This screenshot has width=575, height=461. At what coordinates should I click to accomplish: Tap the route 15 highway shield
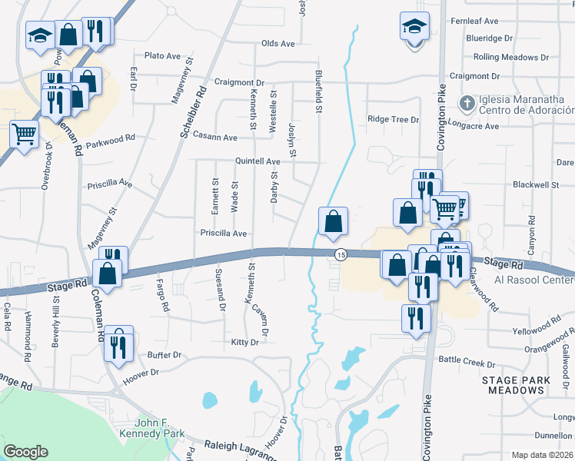click(341, 254)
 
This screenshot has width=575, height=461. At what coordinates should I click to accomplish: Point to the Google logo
click(26, 452)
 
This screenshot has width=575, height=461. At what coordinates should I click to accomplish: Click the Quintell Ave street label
click(258, 162)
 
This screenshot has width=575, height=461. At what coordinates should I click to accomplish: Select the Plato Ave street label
click(162, 56)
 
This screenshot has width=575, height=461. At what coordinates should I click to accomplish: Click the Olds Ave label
click(278, 44)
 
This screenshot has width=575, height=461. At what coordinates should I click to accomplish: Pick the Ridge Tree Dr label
click(393, 120)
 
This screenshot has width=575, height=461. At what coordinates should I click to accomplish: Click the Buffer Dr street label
click(165, 355)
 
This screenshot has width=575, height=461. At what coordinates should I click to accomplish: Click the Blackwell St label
click(535, 185)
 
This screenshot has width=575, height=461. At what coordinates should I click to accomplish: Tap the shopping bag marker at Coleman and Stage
click(108, 273)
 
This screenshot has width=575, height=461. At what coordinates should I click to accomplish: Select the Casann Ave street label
click(214, 137)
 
